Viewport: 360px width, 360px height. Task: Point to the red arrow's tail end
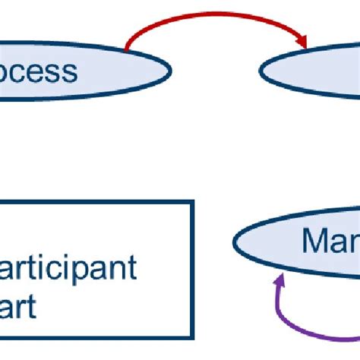[x=127, y=50]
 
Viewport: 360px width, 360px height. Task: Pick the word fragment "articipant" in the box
[x=68, y=268]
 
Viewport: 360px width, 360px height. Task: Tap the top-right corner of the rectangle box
[x=191, y=202]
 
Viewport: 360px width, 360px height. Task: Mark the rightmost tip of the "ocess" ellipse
[x=171, y=71]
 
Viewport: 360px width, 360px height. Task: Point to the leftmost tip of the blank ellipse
[x=261, y=72]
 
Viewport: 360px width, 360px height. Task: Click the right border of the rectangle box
[x=191, y=273]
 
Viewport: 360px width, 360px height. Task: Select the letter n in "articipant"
[x=122, y=268]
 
